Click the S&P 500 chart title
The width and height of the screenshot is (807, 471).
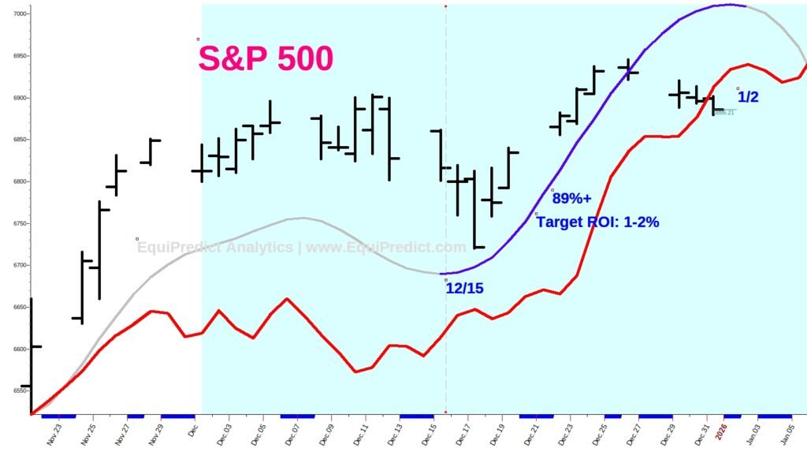(266, 59)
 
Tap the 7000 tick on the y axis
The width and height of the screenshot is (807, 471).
(17, 14)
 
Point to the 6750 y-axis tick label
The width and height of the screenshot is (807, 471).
(17, 223)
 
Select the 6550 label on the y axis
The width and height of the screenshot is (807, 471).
(17, 391)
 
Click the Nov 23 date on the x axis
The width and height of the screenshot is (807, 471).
(54, 436)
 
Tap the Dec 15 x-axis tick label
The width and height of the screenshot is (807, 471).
(430, 436)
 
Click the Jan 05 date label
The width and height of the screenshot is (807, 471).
(789, 436)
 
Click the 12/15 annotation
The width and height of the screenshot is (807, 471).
(465, 289)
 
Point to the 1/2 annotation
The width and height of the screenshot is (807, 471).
(748, 97)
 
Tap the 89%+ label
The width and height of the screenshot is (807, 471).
(571, 198)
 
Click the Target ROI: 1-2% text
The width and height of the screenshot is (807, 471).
(597, 222)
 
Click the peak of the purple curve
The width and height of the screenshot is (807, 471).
(729, 5)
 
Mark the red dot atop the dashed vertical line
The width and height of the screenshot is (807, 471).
(446, 6)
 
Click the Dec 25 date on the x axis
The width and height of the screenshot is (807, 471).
(601, 436)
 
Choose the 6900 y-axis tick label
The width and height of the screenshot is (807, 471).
(17, 98)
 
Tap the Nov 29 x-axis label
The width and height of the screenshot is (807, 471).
(155, 436)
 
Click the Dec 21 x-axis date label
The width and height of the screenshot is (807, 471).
(532, 436)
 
